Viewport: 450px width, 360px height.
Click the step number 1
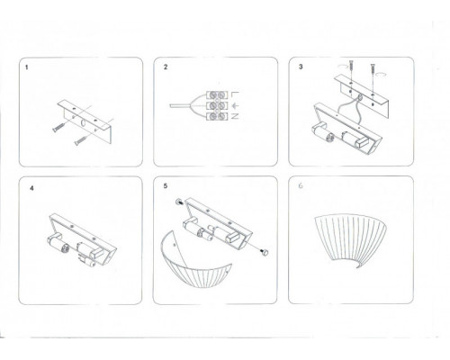click(27, 67)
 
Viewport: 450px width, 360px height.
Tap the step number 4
click(31, 188)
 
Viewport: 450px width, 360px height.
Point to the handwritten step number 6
click(301, 185)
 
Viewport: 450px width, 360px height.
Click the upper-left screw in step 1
click(58, 128)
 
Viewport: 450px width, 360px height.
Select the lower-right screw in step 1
click(81, 140)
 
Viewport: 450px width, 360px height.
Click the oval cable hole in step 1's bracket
click(83, 123)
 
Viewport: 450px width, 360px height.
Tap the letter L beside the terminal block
click(235, 94)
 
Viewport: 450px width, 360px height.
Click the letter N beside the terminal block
click(235, 116)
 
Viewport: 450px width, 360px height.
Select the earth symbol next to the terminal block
click(236, 105)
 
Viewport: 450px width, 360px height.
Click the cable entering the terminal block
click(181, 106)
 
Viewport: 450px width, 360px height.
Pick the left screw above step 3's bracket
click(352, 67)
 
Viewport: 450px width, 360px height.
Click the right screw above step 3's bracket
click(373, 70)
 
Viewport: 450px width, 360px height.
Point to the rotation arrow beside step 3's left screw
click(342, 65)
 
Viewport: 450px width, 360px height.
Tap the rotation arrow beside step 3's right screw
click(382, 73)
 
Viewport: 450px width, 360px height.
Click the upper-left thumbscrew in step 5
click(179, 202)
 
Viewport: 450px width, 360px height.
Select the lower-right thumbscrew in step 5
click(265, 253)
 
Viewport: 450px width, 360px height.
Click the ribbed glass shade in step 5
click(195, 264)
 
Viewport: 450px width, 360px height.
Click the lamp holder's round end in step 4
click(64, 248)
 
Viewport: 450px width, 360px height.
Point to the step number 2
click(166, 67)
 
